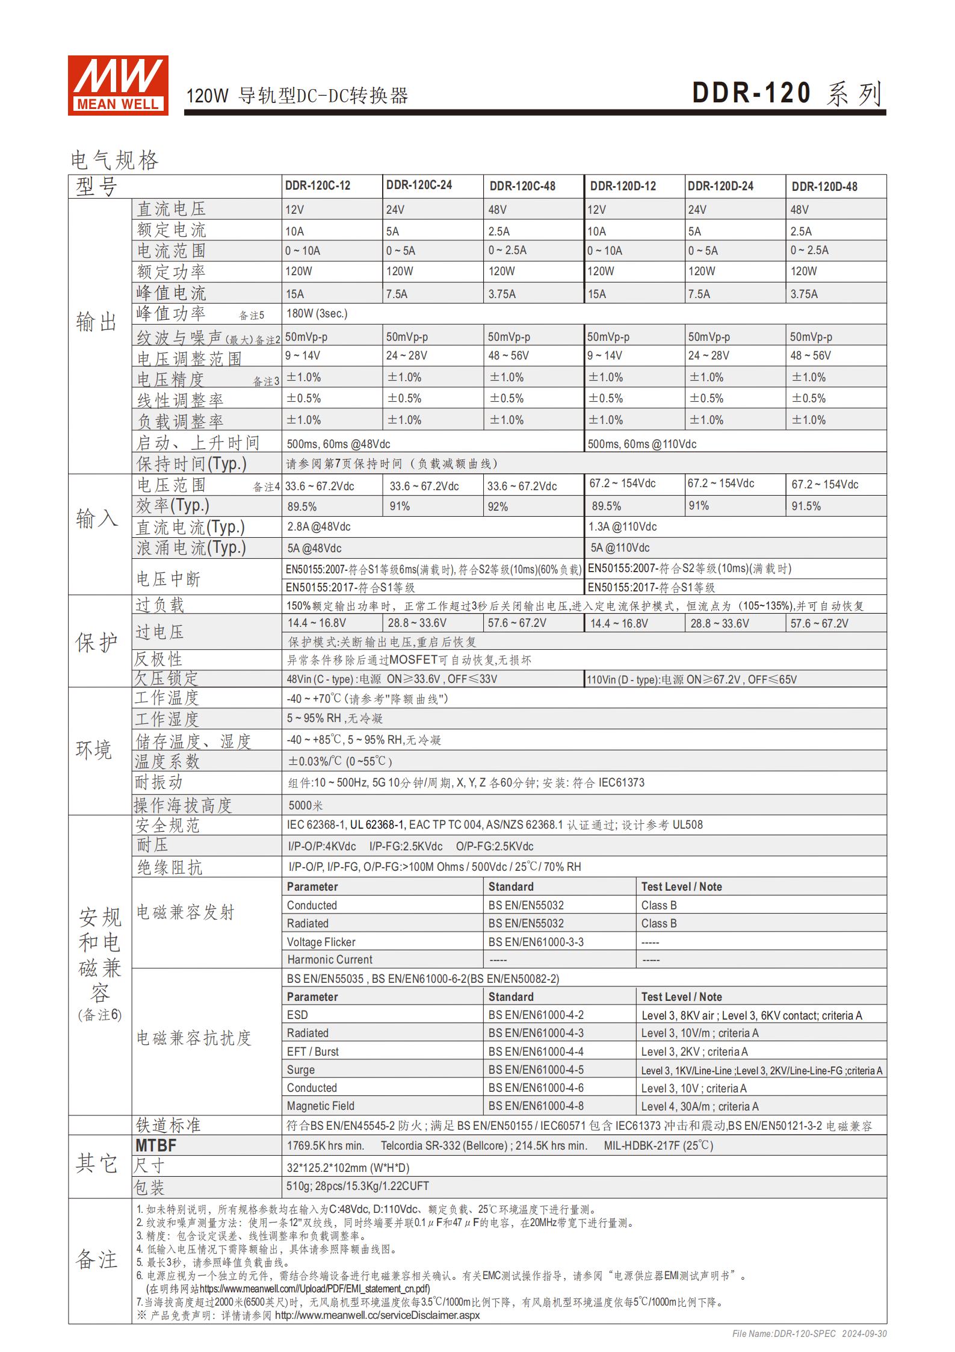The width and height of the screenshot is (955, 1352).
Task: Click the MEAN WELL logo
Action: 118,85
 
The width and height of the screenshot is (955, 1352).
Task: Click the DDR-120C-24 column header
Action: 419,185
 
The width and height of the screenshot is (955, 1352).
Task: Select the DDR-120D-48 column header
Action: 824,187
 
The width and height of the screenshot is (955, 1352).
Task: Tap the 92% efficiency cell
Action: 498,506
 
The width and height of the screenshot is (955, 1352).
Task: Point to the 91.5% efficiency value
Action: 806,506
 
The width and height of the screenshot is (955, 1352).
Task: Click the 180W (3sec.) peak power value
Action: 317,314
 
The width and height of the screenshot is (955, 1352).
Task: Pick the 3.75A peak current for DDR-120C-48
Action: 502,294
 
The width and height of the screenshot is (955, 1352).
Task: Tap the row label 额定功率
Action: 171,272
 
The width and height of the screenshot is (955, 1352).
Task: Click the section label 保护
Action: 96,642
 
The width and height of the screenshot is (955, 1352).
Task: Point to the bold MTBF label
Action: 156,1145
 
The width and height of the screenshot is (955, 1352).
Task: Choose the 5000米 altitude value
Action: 306,805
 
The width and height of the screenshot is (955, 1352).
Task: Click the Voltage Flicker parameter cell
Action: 321,942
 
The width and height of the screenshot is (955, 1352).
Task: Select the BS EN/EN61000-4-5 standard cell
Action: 536,1070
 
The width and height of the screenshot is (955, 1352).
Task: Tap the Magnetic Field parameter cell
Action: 320,1106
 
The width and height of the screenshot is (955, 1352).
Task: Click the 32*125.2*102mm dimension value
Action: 347,1168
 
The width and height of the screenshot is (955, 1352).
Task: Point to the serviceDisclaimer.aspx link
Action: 377,1315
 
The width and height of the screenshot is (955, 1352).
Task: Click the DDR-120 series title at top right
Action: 787,93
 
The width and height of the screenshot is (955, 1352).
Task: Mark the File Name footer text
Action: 809,1334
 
